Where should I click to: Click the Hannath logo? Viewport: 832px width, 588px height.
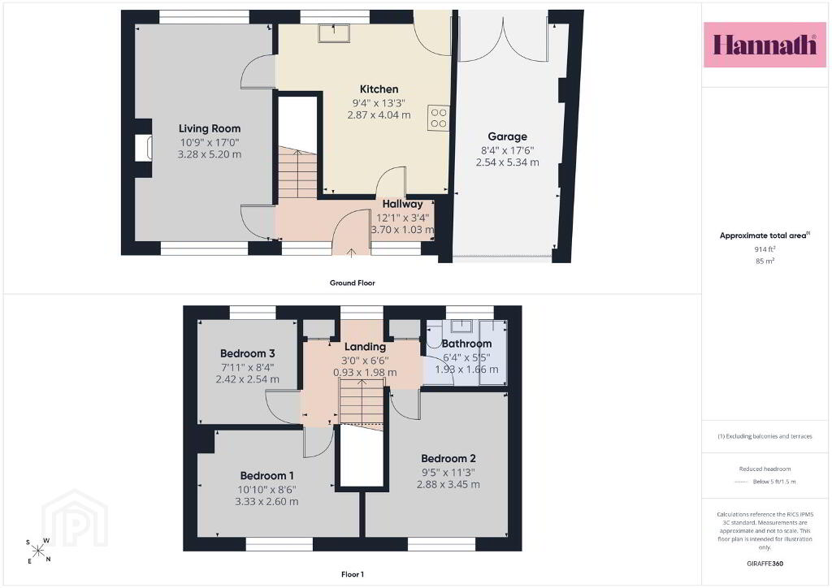(765, 45)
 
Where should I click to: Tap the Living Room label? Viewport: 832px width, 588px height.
(210, 128)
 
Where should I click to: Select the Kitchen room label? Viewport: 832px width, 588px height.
(379, 89)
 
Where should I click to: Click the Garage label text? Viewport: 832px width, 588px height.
(507, 136)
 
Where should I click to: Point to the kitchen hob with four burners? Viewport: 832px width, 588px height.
(438, 118)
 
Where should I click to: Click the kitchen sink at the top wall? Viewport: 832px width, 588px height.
(334, 32)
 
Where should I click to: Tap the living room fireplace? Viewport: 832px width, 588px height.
(143, 148)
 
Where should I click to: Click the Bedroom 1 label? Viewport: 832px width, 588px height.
(266, 476)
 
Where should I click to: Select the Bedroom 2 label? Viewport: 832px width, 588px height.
(448, 458)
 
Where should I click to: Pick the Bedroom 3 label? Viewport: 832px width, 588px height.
(247, 353)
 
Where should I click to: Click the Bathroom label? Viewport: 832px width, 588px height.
(466, 344)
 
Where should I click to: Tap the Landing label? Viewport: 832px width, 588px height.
(365, 347)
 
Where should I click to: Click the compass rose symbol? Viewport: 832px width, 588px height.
(39, 551)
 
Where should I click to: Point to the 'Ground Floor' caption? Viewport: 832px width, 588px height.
(353, 283)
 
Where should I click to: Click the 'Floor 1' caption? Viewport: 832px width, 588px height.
(353, 574)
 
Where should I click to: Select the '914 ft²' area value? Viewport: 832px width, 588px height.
(765, 249)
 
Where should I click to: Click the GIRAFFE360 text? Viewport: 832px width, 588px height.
(765, 563)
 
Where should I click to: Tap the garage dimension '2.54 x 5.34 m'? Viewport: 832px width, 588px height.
(507, 162)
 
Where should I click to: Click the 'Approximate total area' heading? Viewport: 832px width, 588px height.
(765, 236)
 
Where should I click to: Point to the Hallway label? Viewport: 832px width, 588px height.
(403, 204)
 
